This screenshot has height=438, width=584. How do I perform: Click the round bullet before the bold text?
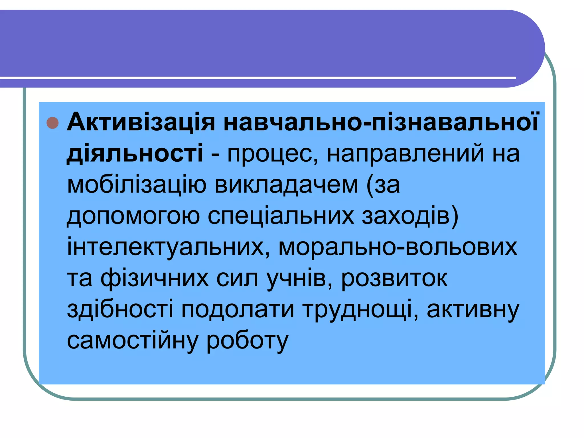tap(52, 123)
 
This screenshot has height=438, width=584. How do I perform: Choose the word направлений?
tap(405, 154)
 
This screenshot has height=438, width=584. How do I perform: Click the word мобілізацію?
tap(137, 185)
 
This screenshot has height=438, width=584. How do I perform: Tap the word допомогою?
tap(133, 216)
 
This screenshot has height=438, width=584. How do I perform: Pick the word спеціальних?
tap(281, 216)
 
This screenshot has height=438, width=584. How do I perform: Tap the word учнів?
tap(299, 279)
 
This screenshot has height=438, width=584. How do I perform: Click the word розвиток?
tap(394, 279)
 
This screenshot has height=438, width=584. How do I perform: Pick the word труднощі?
tap(360, 310)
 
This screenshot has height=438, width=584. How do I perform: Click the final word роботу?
tap(247, 341)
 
